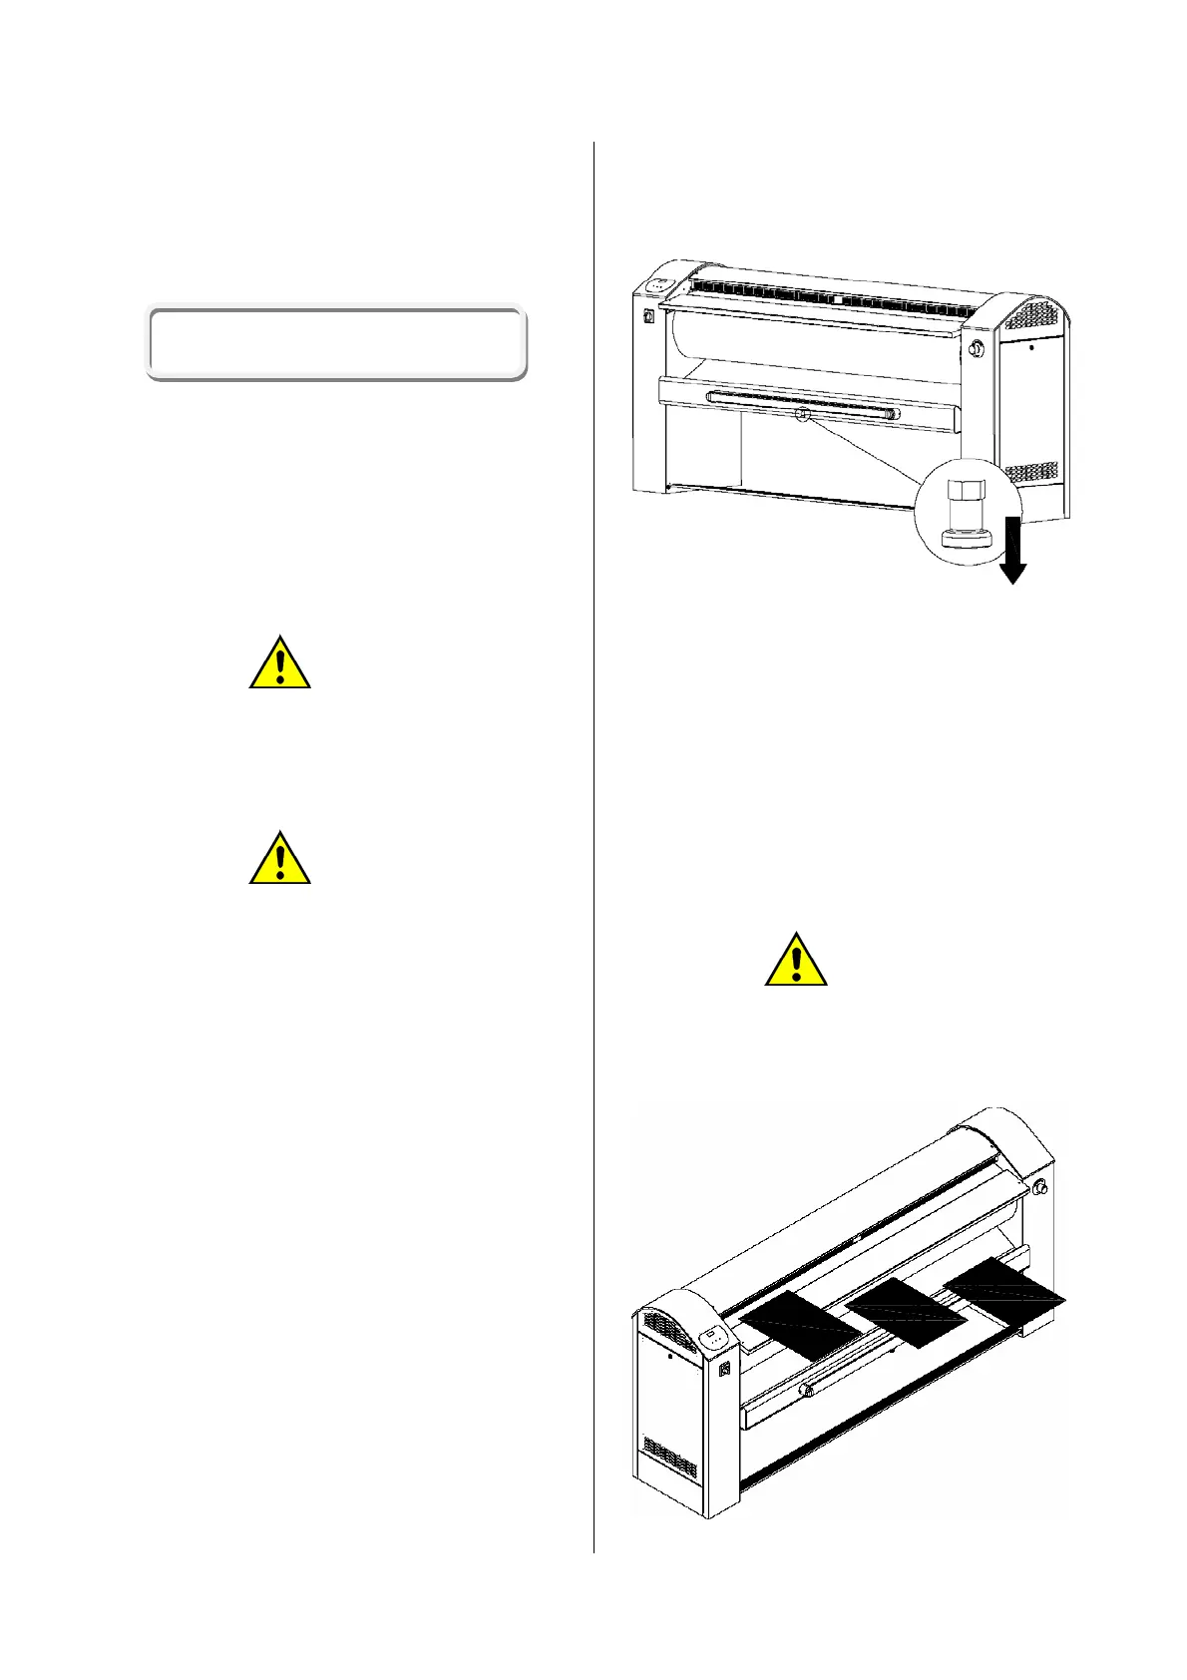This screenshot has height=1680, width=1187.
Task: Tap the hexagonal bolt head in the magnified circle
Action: [964, 493]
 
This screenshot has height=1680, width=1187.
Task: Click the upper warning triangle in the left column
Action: [280, 663]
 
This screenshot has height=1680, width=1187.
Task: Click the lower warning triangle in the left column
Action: [280, 859]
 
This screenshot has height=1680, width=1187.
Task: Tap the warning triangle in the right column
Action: [796, 961]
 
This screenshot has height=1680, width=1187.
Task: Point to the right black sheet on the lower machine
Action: [1003, 1288]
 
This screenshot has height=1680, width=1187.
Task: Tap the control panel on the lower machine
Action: [711, 1337]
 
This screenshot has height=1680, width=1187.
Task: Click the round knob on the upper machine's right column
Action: [976, 348]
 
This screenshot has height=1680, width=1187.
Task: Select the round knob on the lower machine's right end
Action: [1041, 1187]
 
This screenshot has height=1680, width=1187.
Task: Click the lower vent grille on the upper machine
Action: [1030, 472]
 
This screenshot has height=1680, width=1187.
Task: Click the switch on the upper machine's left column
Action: [647, 318]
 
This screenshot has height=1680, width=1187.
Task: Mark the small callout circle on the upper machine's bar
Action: [800, 415]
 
